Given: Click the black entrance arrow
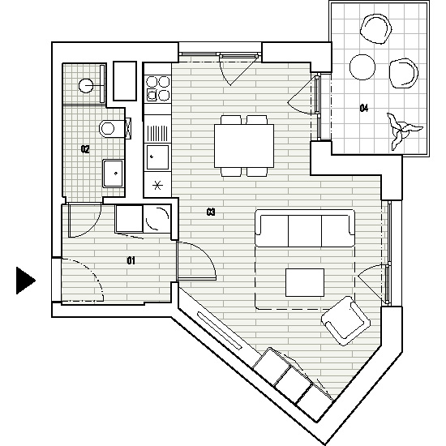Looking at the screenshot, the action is click(x=26, y=281).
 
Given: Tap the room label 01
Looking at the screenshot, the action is click(x=131, y=260).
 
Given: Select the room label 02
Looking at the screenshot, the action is click(x=85, y=149).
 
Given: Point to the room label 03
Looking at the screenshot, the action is click(x=211, y=212).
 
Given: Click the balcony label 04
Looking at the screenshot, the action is click(x=364, y=108).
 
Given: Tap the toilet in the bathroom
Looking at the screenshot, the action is click(x=112, y=129).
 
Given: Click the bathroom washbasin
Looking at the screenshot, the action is click(x=114, y=174).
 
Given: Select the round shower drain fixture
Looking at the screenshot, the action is click(x=86, y=85).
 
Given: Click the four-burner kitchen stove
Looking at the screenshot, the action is click(x=158, y=88).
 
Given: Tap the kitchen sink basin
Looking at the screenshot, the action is click(x=157, y=157).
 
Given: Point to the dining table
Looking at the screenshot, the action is click(x=244, y=146).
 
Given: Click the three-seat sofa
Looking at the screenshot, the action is click(x=305, y=228).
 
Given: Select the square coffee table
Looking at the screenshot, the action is click(x=305, y=282).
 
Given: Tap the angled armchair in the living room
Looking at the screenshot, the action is click(x=345, y=321).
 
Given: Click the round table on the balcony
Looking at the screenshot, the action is click(x=362, y=67).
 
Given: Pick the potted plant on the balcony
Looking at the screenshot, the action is click(x=402, y=130).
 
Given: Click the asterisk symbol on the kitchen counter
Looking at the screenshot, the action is click(x=157, y=186).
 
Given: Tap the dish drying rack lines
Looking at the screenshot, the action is click(x=157, y=134).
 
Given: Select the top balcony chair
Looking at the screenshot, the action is click(x=376, y=29).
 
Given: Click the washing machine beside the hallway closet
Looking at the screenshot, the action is click(x=157, y=218).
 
